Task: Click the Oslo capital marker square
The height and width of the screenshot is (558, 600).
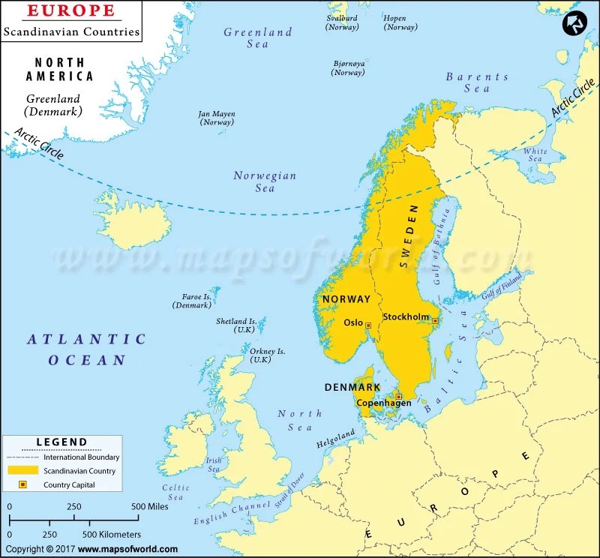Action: click(x=368, y=325)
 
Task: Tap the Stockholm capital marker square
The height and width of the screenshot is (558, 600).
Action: click(x=435, y=321)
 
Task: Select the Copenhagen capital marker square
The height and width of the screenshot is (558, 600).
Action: click(x=399, y=396)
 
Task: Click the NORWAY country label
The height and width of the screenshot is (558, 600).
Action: click(x=346, y=298)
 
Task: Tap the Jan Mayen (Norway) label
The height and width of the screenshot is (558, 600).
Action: click(x=217, y=118)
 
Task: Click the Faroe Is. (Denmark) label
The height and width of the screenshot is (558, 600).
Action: click(x=192, y=301)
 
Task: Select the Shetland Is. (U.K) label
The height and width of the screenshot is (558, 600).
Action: click(x=236, y=325)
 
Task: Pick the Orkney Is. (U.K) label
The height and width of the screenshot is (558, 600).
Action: click(x=261, y=355)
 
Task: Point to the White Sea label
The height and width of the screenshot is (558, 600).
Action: click(x=535, y=154)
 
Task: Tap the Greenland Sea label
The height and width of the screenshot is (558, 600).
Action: click(x=258, y=38)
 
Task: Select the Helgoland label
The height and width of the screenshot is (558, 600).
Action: click(x=334, y=436)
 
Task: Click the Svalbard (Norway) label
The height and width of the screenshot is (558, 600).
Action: click(x=342, y=22)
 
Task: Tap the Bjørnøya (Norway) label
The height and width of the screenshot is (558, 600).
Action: click(x=348, y=68)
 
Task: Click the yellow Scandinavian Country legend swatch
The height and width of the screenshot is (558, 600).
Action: click(x=22, y=470)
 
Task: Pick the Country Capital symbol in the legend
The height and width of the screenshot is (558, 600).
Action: click(x=22, y=484)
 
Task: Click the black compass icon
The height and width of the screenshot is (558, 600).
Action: click(x=575, y=25)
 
